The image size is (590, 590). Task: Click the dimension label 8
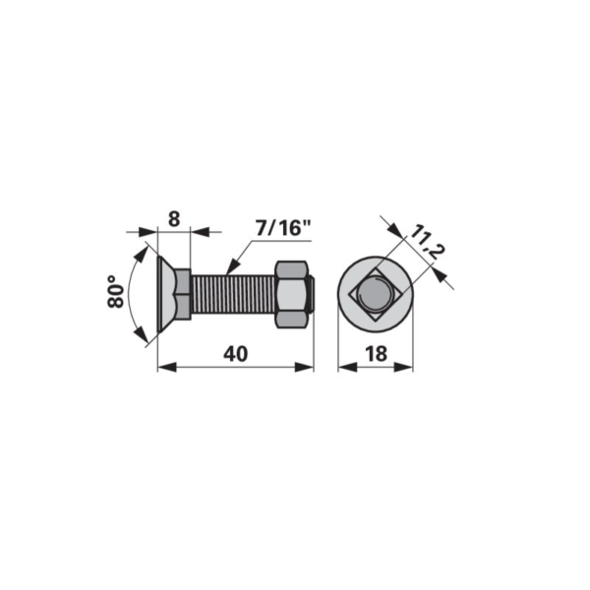[174, 219]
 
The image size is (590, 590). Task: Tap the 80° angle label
[115, 292]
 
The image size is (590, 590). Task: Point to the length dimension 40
[236, 354]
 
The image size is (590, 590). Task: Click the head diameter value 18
[376, 354]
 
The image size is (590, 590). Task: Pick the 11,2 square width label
[427, 243]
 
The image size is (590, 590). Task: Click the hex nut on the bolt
[292, 294]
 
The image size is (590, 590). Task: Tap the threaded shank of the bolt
[234, 294]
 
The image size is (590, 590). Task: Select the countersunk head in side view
[167, 294]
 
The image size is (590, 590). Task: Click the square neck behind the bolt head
[183, 294]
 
